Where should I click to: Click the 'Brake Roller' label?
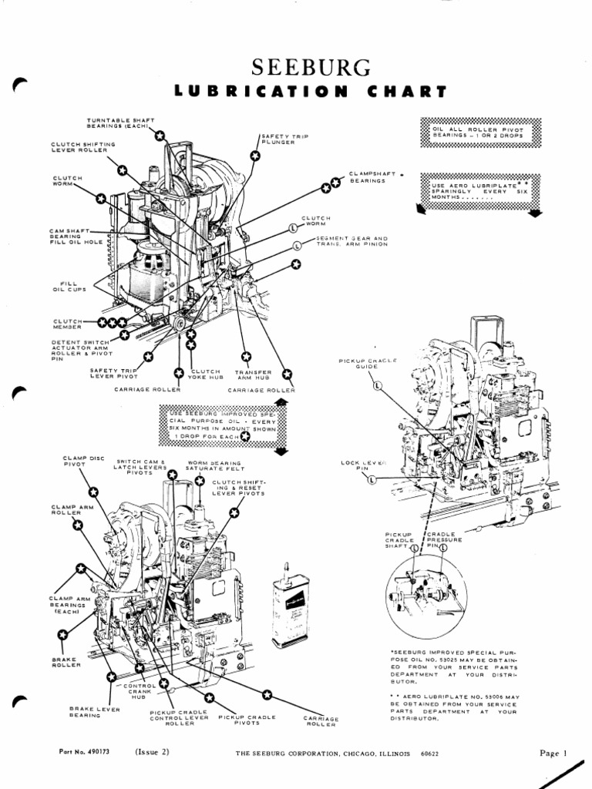[62, 663]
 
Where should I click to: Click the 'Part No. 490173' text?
[84, 752]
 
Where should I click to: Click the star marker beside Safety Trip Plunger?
[255, 156]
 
